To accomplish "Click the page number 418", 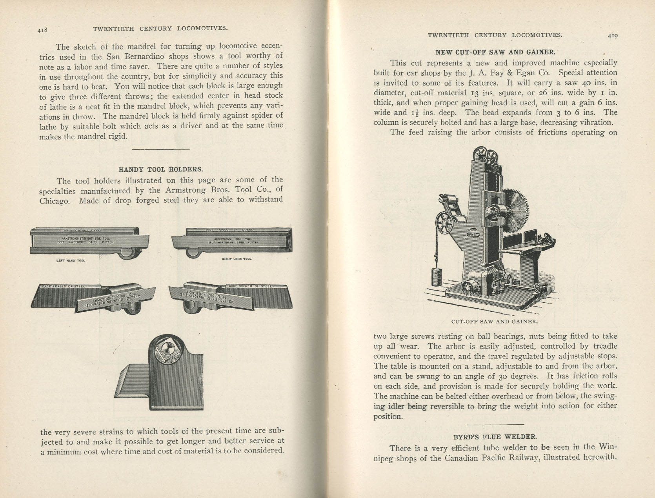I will (x=42, y=29).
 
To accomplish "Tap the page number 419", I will (x=613, y=35).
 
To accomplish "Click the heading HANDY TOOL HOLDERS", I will (x=161, y=169).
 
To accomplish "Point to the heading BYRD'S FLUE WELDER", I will (x=495, y=437).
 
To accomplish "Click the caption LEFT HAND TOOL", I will (x=71, y=260).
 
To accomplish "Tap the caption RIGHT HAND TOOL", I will (x=237, y=259).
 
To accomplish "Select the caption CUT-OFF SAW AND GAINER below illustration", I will (x=494, y=321).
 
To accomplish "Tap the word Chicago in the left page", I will (x=55, y=201).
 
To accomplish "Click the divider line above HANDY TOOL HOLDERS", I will (x=161, y=149).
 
